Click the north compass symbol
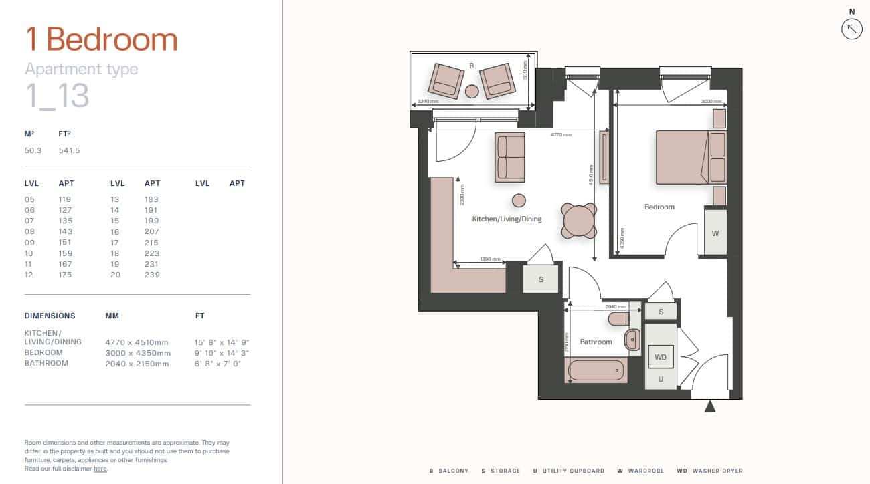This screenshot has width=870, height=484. click(851, 29)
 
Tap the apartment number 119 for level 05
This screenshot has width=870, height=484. click(65, 199)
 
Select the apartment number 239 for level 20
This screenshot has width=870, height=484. click(152, 275)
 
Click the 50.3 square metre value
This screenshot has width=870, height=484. click(33, 150)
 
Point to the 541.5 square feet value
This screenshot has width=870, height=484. click(69, 150)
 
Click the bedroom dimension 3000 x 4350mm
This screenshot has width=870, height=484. click(138, 353)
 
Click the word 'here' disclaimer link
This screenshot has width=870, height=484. click(100, 469)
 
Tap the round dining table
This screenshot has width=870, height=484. click(579, 221)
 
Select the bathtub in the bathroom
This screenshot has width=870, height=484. click(596, 370)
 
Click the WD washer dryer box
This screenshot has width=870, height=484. click(661, 357)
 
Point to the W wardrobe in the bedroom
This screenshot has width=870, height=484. click(715, 233)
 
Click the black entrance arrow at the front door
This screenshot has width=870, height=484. click(710, 406)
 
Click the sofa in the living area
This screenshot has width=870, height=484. click(510, 157)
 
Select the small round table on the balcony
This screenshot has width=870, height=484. click(472, 91)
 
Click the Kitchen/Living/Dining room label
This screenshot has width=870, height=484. click(507, 219)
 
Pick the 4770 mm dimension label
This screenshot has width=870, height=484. click(561, 134)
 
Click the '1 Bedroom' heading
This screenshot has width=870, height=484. click(101, 39)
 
